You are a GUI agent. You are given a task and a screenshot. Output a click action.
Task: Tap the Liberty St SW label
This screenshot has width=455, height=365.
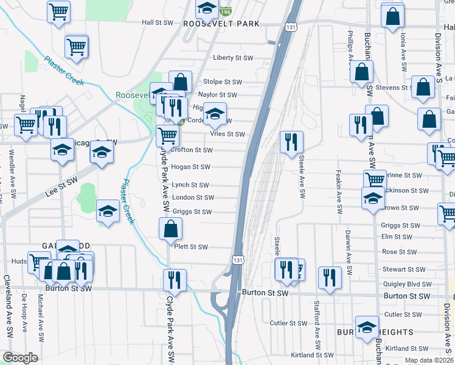(x=232, y=58)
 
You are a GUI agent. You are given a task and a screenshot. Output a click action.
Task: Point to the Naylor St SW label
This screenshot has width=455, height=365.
(x=217, y=95)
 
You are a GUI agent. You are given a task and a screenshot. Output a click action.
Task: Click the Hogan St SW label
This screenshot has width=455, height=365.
(x=190, y=167)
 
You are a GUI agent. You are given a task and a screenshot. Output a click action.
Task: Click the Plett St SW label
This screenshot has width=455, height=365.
(x=191, y=247)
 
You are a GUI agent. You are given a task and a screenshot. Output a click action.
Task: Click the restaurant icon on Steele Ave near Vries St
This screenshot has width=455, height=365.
(x=291, y=141)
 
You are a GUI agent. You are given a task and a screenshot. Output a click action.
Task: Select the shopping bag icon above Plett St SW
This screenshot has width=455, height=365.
(x=171, y=229)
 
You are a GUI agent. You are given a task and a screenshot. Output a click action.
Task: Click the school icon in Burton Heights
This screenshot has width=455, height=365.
(x=367, y=327)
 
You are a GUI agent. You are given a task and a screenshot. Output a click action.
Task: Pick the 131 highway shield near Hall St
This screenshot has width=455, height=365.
(x=291, y=27)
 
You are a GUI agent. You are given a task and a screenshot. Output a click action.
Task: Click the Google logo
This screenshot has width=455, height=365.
(x=21, y=358)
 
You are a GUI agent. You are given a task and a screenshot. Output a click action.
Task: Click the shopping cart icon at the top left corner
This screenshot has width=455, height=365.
(x=58, y=10)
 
